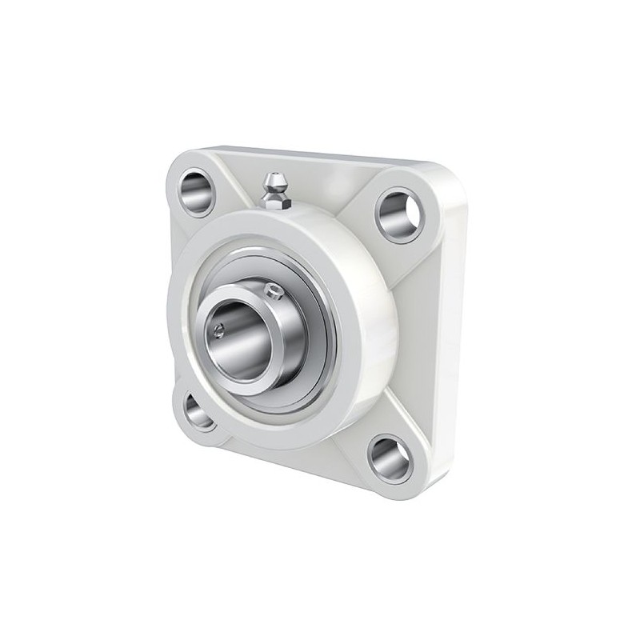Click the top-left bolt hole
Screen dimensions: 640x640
196,193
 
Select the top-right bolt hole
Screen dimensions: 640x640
398,215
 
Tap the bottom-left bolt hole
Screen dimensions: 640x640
198,411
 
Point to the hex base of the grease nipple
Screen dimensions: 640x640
274,202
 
